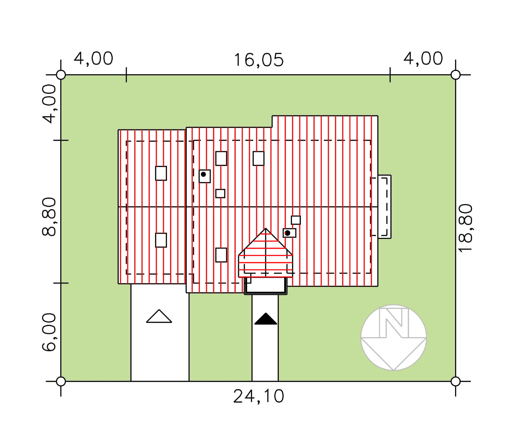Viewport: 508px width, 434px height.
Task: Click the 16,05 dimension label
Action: [258, 60]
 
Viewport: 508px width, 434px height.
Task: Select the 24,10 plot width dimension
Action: [258, 397]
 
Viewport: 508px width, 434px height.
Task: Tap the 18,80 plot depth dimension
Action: [466, 228]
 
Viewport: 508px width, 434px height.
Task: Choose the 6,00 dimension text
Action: [49, 332]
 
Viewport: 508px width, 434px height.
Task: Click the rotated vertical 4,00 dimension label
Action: [49, 104]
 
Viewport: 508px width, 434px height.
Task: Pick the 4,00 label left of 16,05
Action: [93, 59]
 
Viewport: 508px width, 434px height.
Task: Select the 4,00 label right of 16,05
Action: [423, 59]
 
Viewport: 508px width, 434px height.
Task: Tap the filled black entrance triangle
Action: [266, 319]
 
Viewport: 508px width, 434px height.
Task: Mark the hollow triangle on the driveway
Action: [159, 317]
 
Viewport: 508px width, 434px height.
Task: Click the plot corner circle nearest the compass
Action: [455, 381]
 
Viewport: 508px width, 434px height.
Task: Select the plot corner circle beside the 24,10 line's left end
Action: [61, 381]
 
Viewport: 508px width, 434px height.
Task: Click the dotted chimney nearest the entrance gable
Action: [289, 233]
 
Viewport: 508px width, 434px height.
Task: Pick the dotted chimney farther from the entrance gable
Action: [204, 176]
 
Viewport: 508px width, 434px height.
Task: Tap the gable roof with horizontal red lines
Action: [265, 254]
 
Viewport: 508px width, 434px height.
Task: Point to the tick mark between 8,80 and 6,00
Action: [61, 283]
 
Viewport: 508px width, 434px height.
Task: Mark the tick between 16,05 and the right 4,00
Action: [390, 75]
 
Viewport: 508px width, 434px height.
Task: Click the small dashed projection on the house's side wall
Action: [384, 207]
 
